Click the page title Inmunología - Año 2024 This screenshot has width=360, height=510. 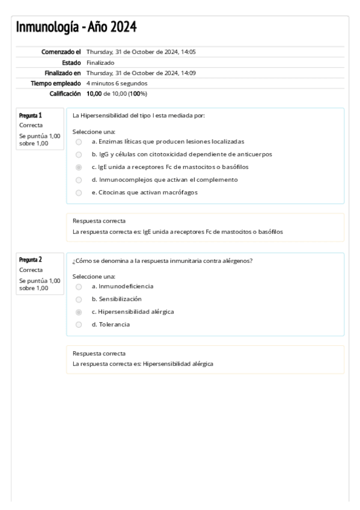(76, 27)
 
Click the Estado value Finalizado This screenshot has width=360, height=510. (100, 63)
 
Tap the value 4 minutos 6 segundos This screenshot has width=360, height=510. (117, 83)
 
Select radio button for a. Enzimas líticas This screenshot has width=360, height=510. (79, 141)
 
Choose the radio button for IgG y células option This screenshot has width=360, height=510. (79, 155)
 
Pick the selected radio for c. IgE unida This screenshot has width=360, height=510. (79, 167)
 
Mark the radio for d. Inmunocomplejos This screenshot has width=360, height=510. (79, 180)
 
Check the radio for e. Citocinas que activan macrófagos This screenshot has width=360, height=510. (79, 192)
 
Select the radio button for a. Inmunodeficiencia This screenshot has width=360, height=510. (79, 286)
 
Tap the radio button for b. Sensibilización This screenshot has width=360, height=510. (79, 299)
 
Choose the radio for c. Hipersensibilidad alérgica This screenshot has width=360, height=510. (79, 312)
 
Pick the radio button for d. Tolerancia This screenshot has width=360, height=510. (79, 325)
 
